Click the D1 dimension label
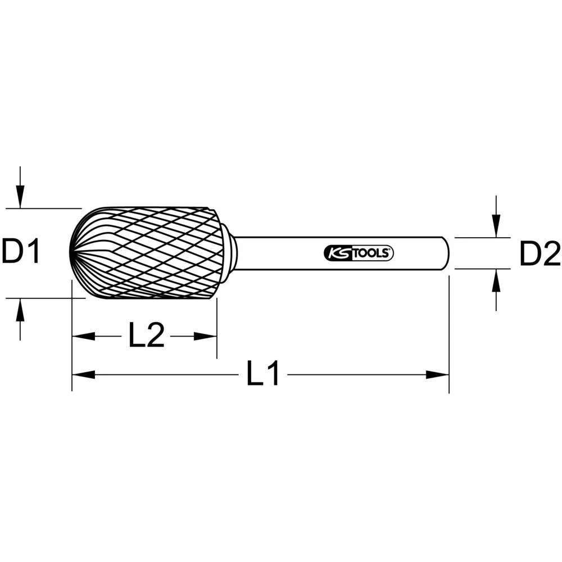pyautogui.click(x=21, y=252)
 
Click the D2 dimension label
pyautogui.click(x=540, y=254)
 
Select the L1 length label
pyautogui.click(x=263, y=374)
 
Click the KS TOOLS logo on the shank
pyautogui.click(x=359, y=253)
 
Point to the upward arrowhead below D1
pyautogui.click(x=20, y=310)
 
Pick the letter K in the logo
pyautogui.click(x=330, y=253)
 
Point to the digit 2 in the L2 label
pyautogui.click(x=155, y=336)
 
